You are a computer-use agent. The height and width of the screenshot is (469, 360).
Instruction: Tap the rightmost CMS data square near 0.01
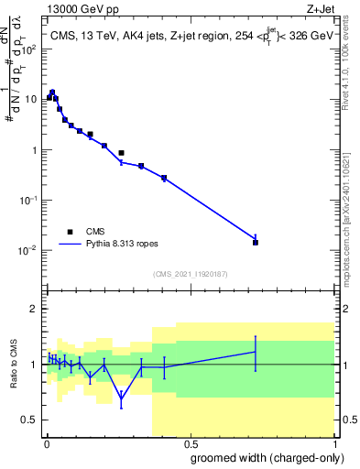click(x=256, y=242)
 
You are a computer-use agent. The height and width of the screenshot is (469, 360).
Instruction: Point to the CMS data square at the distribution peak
click(x=52, y=93)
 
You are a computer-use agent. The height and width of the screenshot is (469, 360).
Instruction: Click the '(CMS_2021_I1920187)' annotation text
click(x=190, y=273)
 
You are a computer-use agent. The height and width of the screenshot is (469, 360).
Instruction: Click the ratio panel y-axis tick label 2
click(x=36, y=309)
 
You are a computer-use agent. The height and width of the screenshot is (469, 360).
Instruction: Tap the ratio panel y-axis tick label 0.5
click(x=33, y=420)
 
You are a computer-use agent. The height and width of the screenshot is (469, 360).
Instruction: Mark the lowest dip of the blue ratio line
click(x=121, y=398)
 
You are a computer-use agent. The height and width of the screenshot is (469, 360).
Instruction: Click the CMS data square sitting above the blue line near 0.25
click(x=121, y=153)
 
